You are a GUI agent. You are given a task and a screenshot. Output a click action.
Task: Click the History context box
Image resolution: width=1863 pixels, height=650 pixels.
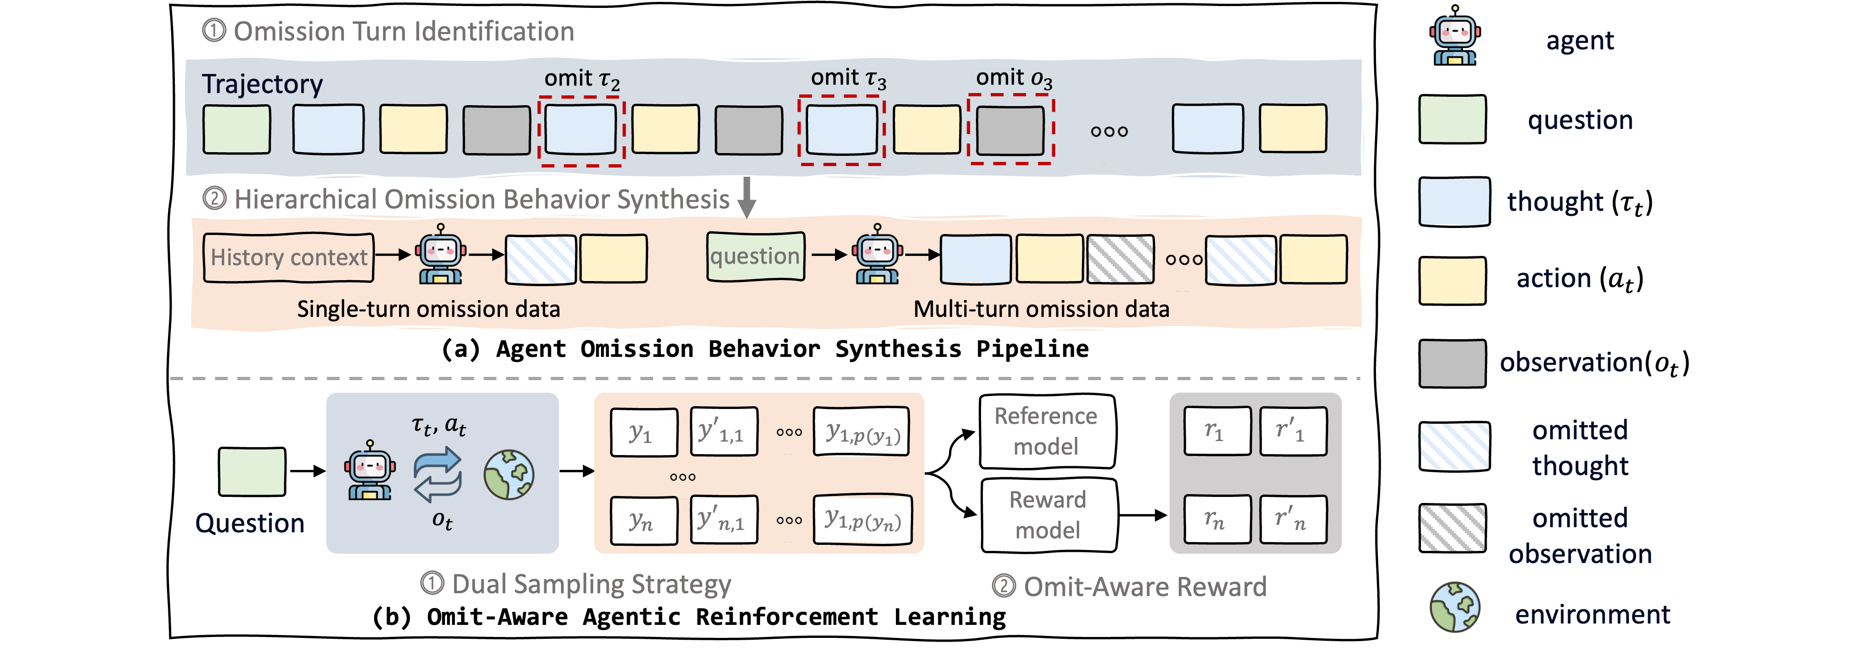tap(288, 257)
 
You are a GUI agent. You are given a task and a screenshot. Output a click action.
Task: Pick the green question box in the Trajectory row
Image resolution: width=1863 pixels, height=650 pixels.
tap(236, 129)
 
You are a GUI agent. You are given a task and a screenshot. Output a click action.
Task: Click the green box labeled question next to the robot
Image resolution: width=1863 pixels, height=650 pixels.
tap(755, 256)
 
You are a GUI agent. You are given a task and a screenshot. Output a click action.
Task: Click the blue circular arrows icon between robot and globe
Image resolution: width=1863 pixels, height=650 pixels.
tap(438, 474)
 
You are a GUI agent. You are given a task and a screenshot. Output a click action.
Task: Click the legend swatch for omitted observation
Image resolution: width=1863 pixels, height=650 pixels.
tap(1452, 528)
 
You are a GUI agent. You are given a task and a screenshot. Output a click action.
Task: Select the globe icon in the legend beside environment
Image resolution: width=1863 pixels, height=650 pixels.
tap(1455, 607)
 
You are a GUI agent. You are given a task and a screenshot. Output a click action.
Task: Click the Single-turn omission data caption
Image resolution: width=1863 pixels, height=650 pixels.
tap(428, 309)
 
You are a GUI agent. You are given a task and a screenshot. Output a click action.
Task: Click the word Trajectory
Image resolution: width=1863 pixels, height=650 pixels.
tap(262, 84)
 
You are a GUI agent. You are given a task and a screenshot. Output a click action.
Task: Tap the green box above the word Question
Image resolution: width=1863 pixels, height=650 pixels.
tap(252, 471)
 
